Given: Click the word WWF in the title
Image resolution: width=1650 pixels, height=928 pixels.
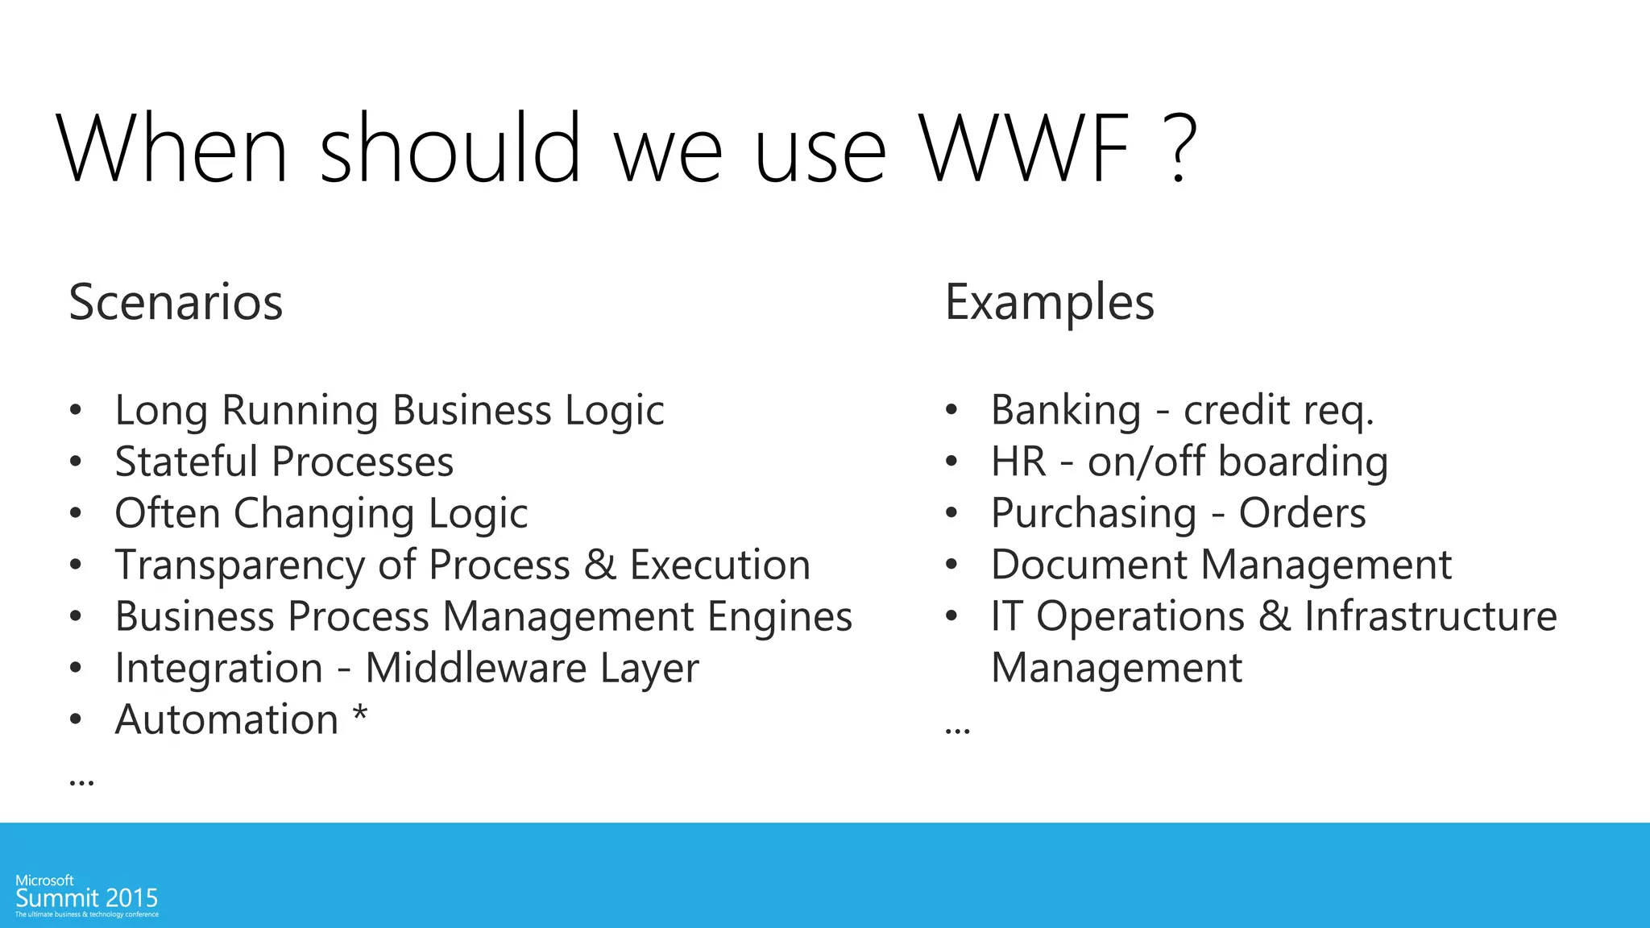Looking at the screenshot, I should pyautogui.click(x=1025, y=149).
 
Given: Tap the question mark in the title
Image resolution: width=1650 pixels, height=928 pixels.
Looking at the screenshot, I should pyautogui.click(x=1178, y=149).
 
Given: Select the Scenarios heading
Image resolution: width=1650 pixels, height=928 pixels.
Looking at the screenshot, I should pyautogui.click(x=176, y=303).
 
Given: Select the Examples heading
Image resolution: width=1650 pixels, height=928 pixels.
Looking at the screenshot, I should pyautogui.click(x=1049, y=303).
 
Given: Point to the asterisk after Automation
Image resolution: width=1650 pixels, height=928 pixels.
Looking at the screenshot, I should pyautogui.click(x=360, y=714).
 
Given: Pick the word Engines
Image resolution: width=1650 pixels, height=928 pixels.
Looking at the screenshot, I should pyautogui.click(x=779, y=618).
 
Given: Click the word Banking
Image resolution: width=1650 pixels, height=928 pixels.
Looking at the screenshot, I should pyautogui.click(x=1065, y=410).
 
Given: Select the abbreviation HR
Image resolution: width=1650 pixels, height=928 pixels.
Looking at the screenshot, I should pyautogui.click(x=1018, y=462).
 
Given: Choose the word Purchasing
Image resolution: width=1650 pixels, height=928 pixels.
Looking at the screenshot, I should pyautogui.click(x=1093, y=514).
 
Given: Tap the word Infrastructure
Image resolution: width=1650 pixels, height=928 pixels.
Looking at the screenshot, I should pyautogui.click(x=1430, y=616).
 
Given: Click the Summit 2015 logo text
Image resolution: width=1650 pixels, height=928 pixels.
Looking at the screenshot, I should pyautogui.click(x=87, y=898).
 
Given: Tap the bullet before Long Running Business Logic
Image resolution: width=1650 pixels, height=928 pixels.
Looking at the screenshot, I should pyautogui.click(x=76, y=410).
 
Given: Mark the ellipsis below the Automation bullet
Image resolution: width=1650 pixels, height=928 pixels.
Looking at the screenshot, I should pyautogui.click(x=81, y=781).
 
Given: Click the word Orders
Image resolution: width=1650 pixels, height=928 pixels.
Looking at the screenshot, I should pyautogui.click(x=1302, y=513).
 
